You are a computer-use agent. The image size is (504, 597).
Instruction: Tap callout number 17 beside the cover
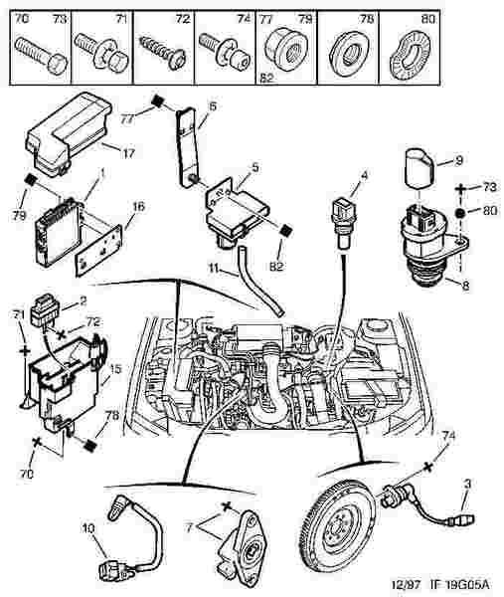[x=129, y=153]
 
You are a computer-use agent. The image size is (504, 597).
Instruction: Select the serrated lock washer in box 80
[x=410, y=57]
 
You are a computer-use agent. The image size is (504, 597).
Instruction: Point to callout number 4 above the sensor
[x=364, y=176]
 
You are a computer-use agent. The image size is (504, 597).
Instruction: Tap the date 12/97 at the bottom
[x=408, y=584]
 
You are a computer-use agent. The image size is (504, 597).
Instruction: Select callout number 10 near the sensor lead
[x=88, y=529]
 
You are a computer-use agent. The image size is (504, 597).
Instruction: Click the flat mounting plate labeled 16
[x=98, y=250]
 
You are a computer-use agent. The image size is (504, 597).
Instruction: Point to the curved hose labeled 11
[x=260, y=282]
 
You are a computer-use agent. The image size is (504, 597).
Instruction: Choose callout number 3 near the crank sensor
[x=467, y=484]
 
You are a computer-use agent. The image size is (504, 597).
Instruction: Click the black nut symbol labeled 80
[x=460, y=213]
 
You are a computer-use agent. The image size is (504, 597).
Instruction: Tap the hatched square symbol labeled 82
[x=285, y=231]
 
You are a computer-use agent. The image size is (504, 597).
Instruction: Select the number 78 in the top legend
[x=367, y=19]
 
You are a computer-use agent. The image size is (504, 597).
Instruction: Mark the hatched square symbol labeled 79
[x=30, y=180]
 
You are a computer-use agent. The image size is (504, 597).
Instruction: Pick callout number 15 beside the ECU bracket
[x=115, y=369]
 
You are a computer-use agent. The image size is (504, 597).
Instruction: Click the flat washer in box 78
[x=348, y=54]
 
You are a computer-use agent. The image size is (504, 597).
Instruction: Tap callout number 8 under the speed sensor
[x=465, y=286]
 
